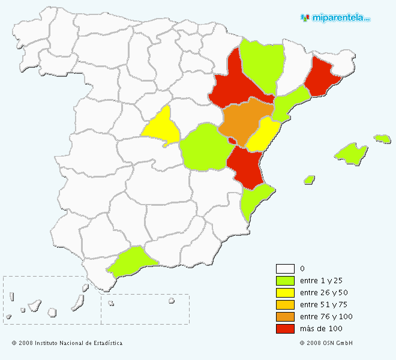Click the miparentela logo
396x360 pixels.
pyautogui.click(x=335, y=18)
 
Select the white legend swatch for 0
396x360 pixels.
pyautogui.click(x=285, y=269)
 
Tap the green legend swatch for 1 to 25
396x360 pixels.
pyautogui.click(x=285, y=281)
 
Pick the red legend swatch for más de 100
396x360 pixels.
pyautogui.click(x=285, y=329)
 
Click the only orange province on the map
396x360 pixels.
pyautogui.click(x=243, y=120)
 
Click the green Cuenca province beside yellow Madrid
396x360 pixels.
pyautogui.click(x=204, y=147)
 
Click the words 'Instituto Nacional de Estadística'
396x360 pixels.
pyautogui.click(x=78, y=343)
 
